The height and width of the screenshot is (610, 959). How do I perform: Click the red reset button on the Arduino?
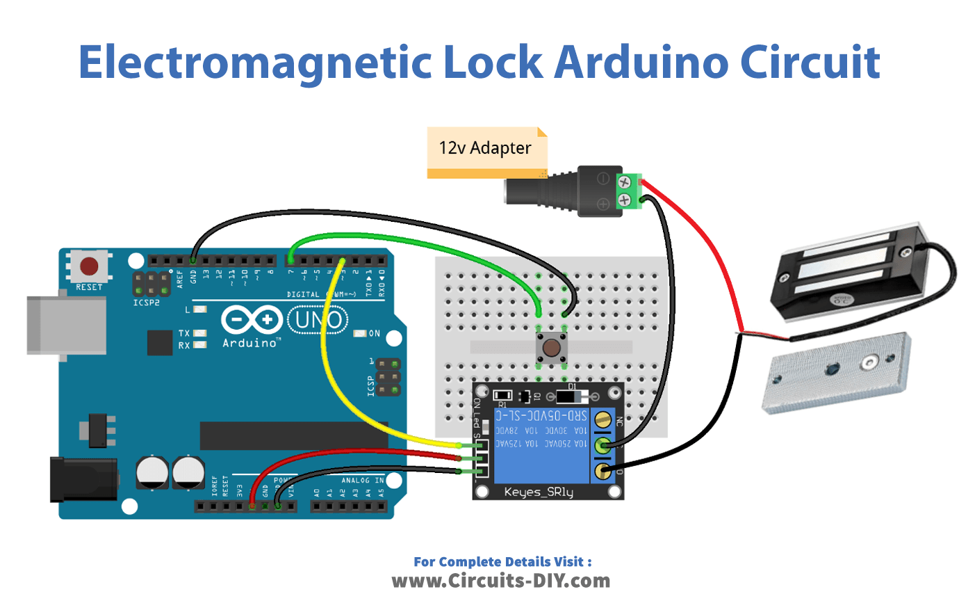[89, 266]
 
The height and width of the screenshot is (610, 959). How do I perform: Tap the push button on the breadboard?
[552, 348]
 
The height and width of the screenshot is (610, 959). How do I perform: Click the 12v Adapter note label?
[485, 148]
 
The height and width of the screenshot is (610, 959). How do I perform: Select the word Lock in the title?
[492, 63]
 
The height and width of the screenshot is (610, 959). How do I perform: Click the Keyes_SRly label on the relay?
[539, 492]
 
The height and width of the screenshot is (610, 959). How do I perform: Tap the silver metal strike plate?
[837, 371]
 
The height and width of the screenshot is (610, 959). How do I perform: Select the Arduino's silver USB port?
[65, 325]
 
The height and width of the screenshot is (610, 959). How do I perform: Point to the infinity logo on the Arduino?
[251, 321]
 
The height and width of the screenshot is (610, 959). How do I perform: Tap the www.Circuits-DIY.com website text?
[500, 581]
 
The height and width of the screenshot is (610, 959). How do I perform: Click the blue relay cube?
[540, 445]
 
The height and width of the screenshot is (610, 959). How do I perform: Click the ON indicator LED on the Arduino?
[360, 334]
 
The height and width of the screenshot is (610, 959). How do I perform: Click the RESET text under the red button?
[89, 287]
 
